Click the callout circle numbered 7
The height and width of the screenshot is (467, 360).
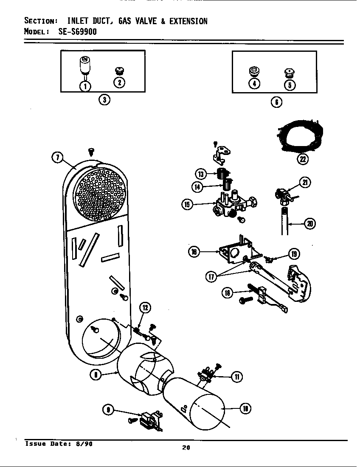point(57,157)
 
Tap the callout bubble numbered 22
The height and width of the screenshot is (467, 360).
point(303,159)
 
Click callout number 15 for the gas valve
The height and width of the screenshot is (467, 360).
point(187,205)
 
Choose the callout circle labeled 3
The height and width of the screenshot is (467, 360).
point(104,100)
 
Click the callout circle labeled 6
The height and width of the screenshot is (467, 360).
point(277,102)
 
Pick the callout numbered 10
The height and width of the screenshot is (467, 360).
point(245,408)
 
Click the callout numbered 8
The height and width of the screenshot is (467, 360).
point(96,375)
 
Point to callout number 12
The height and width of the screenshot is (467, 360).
point(145,308)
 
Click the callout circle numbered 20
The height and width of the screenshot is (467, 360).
point(310,224)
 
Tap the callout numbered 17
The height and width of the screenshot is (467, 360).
point(211,277)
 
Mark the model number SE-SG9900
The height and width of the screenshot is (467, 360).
point(77,31)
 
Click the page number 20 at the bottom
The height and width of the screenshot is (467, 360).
point(186,447)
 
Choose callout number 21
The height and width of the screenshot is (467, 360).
point(305,182)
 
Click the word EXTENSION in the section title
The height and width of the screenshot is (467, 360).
point(188,21)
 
